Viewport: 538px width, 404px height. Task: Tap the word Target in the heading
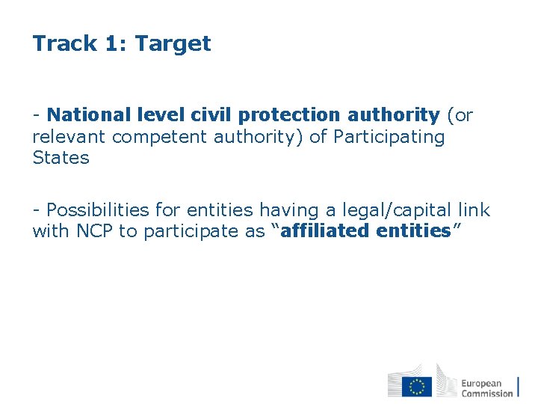(x=173, y=44)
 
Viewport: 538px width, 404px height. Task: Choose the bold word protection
(x=289, y=116)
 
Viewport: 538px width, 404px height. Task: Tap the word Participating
(x=389, y=138)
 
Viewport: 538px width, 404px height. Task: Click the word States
(x=61, y=158)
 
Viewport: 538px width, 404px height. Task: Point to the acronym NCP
(x=95, y=231)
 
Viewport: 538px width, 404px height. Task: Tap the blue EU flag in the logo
(x=417, y=386)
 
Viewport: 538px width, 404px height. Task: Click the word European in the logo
(x=481, y=383)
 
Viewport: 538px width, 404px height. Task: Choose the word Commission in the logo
(x=486, y=393)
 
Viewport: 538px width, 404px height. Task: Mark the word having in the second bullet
(x=284, y=211)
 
